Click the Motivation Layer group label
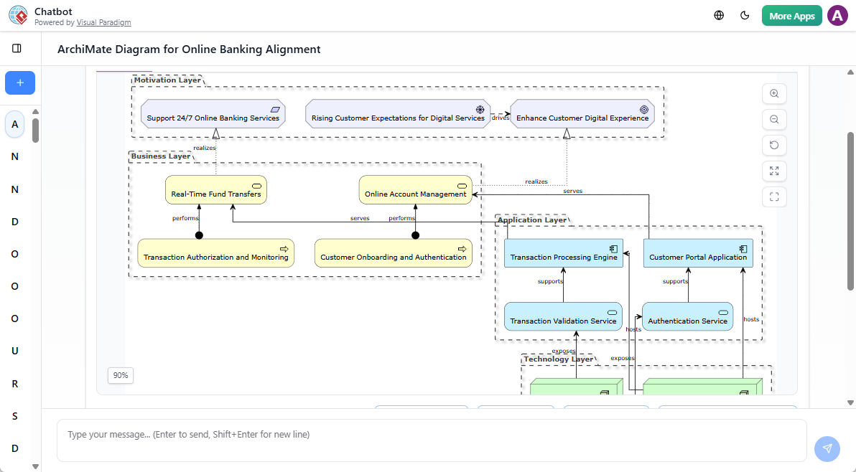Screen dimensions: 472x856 point(167,80)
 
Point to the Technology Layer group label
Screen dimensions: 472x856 point(558,359)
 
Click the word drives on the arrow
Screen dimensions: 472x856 point(501,118)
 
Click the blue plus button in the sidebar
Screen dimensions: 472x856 point(20,83)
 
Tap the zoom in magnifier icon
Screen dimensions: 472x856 point(774,94)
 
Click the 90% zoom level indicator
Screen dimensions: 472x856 point(121,375)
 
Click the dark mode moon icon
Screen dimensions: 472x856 point(745,16)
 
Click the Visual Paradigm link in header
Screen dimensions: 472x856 point(103,23)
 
